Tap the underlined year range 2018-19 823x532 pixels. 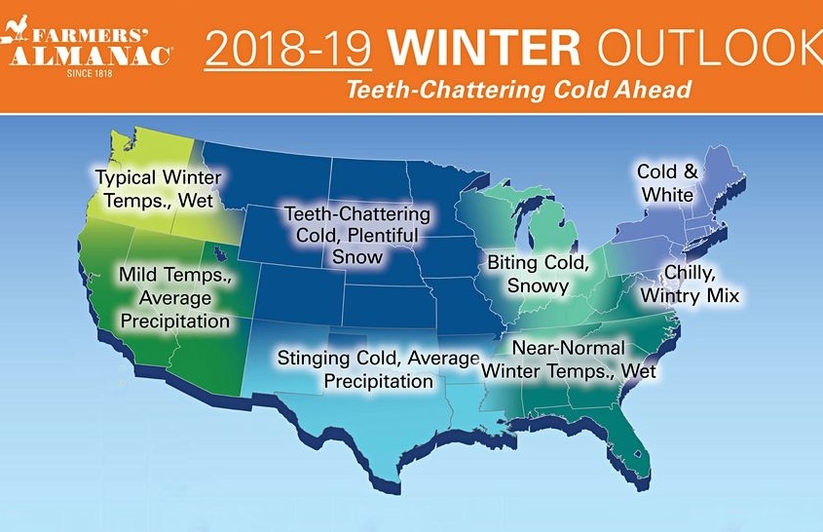(x=288, y=50)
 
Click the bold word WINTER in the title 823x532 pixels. (x=484, y=49)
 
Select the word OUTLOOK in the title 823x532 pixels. (x=710, y=49)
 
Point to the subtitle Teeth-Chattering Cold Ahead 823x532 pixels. (x=519, y=90)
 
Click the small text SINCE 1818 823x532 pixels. (x=90, y=73)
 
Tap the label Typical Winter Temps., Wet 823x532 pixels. (x=159, y=189)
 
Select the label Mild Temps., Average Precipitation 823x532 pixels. (x=175, y=297)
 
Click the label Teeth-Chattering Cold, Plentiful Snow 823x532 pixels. (x=357, y=235)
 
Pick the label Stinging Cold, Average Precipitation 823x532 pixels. (x=379, y=369)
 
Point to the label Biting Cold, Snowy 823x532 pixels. (x=538, y=274)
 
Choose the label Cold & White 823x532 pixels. (x=667, y=183)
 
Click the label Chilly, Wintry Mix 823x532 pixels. (x=690, y=285)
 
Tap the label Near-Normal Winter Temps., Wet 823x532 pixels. (x=569, y=360)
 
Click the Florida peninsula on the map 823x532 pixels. (x=632, y=446)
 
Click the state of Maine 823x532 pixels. (x=724, y=173)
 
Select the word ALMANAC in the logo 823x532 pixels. (x=90, y=56)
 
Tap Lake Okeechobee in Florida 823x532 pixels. (x=638, y=452)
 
